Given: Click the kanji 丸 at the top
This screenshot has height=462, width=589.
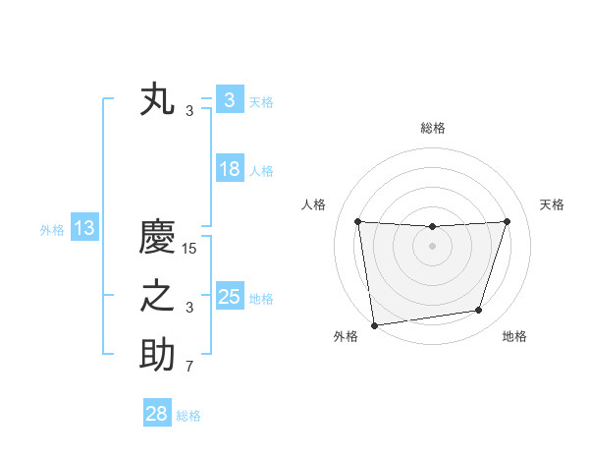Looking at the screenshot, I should click(157, 101).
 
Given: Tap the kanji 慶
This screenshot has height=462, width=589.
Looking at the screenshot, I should click(157, 238).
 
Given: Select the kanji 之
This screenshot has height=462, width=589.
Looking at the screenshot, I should click(157, 298).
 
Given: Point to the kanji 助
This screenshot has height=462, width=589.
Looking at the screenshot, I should click(157, 356).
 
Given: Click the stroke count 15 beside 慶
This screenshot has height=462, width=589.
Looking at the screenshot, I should click(189, 249).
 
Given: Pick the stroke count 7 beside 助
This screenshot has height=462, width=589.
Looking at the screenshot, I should click(189, 367).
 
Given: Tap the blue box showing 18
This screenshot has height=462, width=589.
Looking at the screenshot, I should click(229, 169).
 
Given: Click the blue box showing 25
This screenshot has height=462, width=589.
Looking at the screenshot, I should click(229, 297).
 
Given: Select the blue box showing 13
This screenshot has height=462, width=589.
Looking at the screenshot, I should click(84, 229).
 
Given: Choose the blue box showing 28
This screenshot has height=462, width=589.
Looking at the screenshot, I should click(156, 414).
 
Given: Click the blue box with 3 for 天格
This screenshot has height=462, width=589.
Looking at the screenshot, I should click(229, 100).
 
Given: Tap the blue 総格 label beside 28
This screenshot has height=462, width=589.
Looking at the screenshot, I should click(188, 416).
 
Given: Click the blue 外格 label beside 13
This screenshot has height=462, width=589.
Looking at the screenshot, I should click(52, 230).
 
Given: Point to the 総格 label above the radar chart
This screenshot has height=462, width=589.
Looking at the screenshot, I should click(432, 128).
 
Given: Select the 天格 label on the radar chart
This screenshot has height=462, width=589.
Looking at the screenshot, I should click(553, 204).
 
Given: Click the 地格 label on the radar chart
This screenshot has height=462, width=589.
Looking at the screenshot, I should click(514, 336).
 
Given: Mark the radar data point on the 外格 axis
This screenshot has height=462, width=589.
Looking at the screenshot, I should click(374, 324).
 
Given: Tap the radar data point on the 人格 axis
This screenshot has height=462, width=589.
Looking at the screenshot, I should click(357, 221).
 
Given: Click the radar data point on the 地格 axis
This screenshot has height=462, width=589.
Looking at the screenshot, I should click(479, 311).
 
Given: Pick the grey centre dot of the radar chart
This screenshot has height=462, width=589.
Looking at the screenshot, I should click(432, 246).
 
